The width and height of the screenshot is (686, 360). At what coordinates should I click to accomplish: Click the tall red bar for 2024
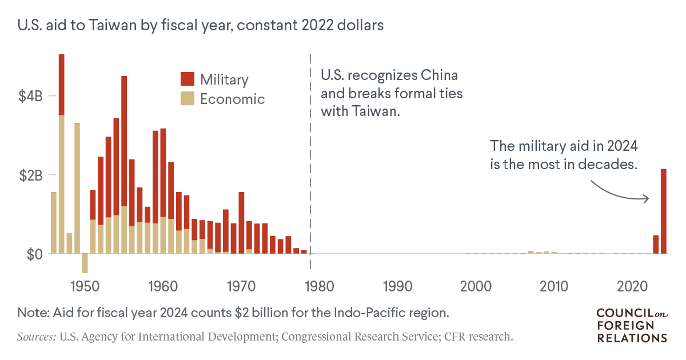664,211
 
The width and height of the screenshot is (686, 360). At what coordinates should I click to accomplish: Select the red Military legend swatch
187,79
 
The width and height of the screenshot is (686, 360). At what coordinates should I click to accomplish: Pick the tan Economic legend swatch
187,98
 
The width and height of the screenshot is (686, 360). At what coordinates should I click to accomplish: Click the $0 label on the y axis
32,254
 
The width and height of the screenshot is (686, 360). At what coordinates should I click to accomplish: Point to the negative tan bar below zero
85,263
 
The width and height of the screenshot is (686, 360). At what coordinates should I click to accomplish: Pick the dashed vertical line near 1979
310,160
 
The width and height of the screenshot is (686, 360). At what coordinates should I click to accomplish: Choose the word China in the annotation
440,75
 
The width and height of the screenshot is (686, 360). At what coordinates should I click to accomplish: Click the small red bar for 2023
656,244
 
